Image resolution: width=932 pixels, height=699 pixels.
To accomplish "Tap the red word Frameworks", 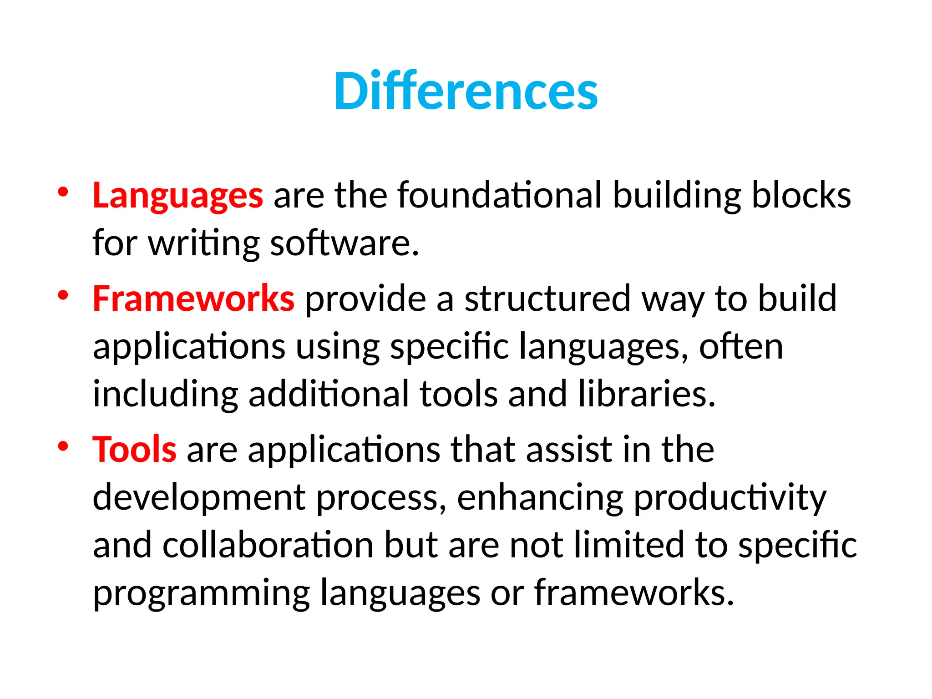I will tap(193, 299).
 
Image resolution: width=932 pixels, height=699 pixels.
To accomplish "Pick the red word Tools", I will tap(134, 449).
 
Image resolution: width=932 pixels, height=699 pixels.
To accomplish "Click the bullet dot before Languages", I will tap(63, 192).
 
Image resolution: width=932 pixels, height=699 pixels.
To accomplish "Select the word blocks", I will tap(801, 195).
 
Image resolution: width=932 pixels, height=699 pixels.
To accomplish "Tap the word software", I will tap(344, 243).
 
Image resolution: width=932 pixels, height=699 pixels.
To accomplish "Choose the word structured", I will tap(547, 299).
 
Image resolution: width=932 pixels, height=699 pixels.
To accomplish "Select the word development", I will tap(199, 497).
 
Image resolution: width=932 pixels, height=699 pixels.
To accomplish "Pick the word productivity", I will tap(729, 498).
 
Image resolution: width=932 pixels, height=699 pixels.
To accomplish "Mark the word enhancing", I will tap(540, 498).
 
